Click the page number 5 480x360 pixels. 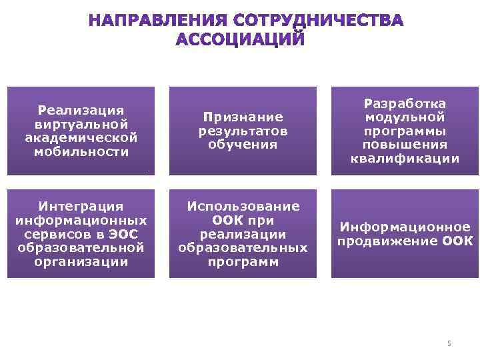tap(449, 343)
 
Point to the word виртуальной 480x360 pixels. tap(81, 124)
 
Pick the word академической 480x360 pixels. tap(81, 137)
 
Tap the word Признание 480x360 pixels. tap(243, 117)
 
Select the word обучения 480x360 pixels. tap(243, 144)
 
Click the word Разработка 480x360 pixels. tap(405, 104)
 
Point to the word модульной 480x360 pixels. tap(405, 117)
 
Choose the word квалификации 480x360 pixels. tap(405, 158)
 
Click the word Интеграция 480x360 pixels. tap(81, 207)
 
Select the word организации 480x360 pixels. tap(81, 261)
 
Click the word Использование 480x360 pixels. tap(243, 207)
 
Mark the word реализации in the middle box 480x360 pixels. tap(243, 234)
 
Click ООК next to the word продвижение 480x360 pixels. tap(457, 241)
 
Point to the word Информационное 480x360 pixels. tap(405, 227)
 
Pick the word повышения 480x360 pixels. tap(405, 144)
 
